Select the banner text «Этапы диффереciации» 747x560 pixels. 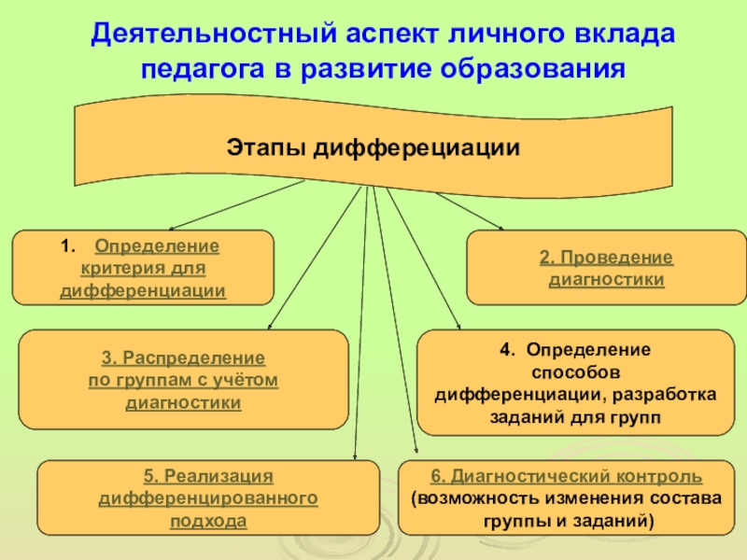[373, 148]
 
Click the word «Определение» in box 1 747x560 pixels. [157, 247]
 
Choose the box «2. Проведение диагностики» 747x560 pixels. [606, 268]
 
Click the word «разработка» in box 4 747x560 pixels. [669, 394]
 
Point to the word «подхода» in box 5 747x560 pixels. [208, 521]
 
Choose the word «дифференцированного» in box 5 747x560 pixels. [208, 499]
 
